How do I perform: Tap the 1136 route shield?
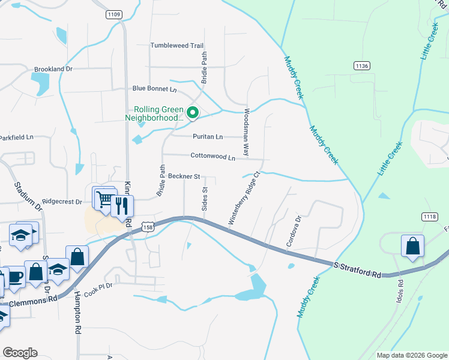click(x=361, y=65)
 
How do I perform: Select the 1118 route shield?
click(x=429, y=217)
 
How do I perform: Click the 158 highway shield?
click(x=149, y=226)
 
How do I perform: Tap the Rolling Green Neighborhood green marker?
click(x=193, y=112)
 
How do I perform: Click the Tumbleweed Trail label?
click(x=177, y=46)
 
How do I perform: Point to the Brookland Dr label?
click(x=53, y=69)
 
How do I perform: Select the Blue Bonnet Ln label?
click(x=154, y=89)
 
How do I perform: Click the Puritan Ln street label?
click(x=207, y=137)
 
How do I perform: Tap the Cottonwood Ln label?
click(x=212, y=157)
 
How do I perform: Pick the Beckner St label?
click(x=184, y=176)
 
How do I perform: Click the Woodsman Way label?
click(x=246, y=133)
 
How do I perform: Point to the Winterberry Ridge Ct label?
click(x=243, y=199)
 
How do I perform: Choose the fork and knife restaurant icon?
click(x=123, y=206)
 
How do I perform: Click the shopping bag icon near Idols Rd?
click(x=412, y=245)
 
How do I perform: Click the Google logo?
click(x=20, y=353)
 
